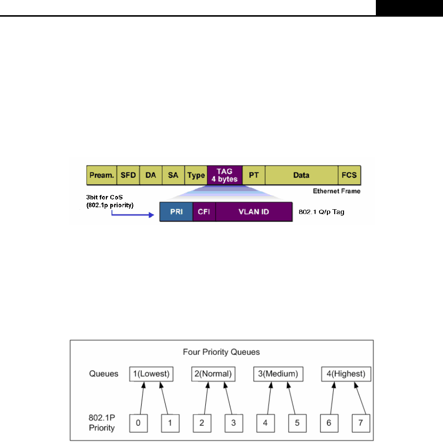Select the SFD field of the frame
tap(129, 175)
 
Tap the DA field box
tap(150, 175)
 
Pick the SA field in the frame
tap(173, 175)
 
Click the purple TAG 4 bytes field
tap(225, 175)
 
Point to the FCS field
tap(349, 175)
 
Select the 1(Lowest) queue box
tap(151, 374)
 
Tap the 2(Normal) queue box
tap(212, 374)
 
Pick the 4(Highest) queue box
tap(346, 374)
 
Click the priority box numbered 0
tap(139, 422)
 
